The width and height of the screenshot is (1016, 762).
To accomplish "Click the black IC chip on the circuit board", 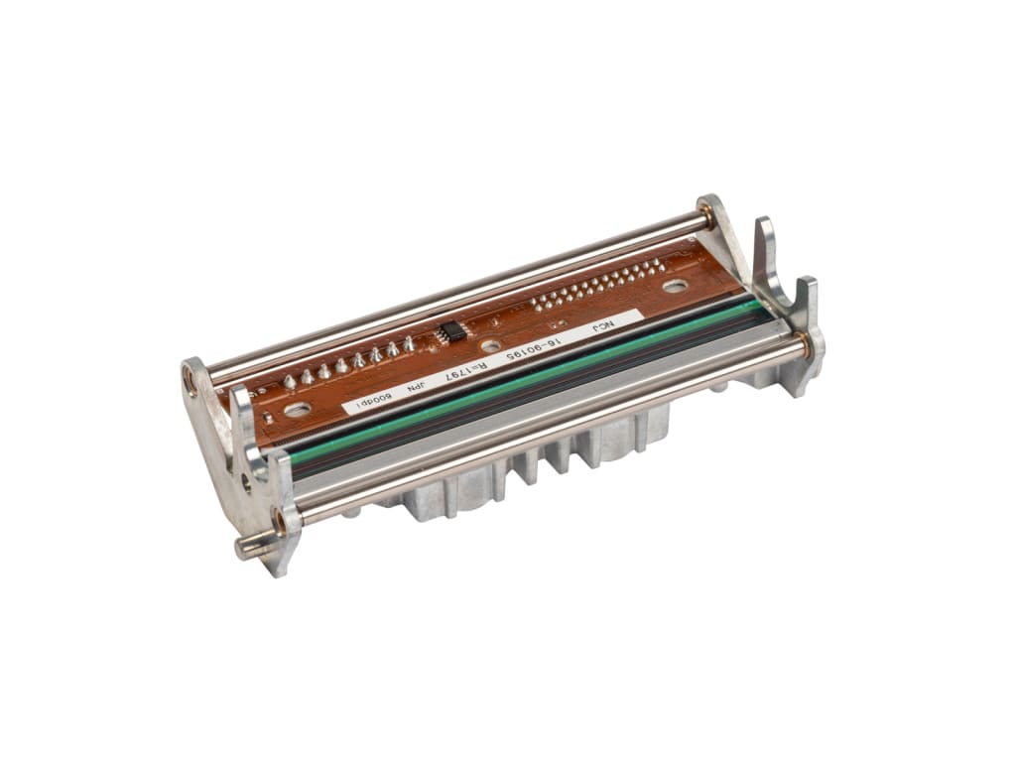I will tap(448, 330).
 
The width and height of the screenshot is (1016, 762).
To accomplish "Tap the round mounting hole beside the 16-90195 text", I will tap(488, 345).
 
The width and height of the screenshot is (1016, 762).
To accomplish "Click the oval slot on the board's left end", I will tap(296, 408).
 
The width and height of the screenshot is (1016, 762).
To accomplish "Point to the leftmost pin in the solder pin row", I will tap(289, 382).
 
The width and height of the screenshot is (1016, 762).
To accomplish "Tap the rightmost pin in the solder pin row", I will tap(408, 343).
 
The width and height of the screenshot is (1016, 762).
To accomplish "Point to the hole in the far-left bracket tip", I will tap(190, 380).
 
